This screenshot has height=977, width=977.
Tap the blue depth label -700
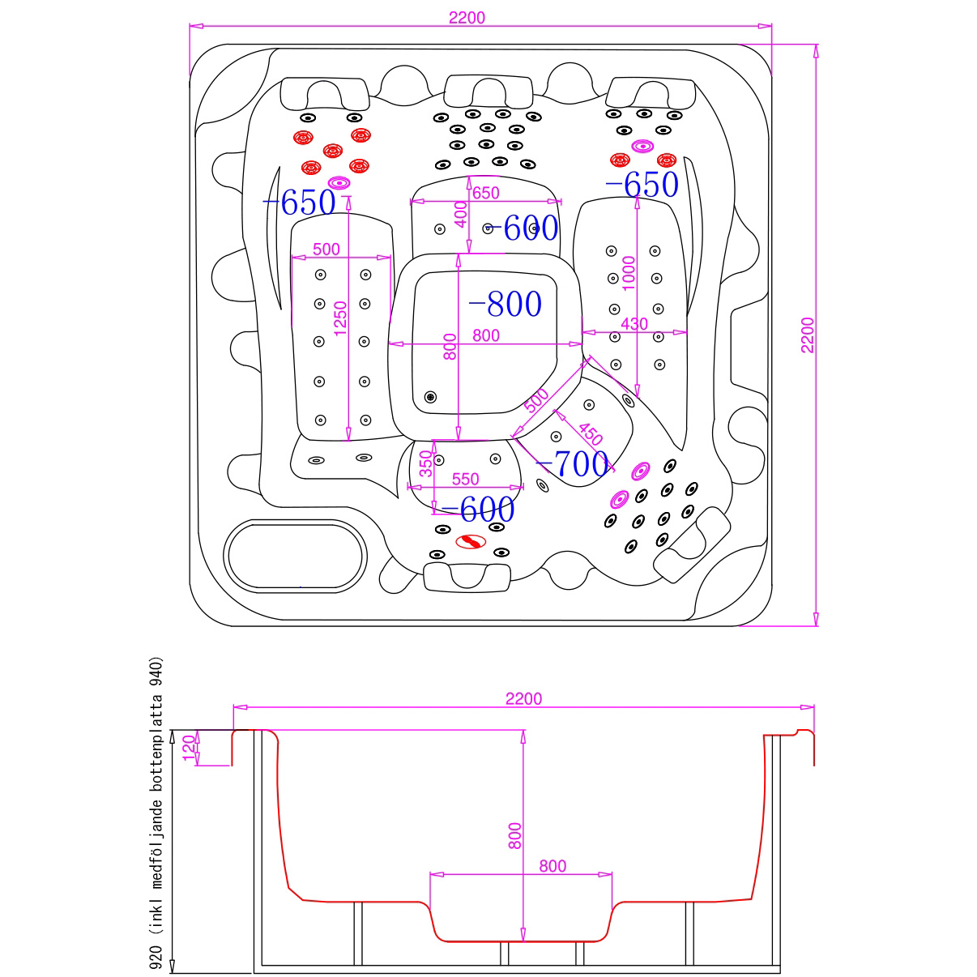tap(574, 464)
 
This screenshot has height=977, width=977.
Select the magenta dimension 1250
tap(340, 317)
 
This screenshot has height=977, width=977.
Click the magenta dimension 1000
tap(629, 273)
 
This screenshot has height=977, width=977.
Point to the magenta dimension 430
tap(634, 324)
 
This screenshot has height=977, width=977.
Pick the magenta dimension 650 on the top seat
tap(485, 193)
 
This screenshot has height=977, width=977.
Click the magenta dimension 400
tap(460, 215)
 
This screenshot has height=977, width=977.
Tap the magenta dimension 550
tap(465, 479)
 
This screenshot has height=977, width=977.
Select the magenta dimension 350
tap(426, 463)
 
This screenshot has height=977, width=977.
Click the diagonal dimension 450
tap(590, 434)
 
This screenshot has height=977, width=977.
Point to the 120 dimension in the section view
tap(189, 747)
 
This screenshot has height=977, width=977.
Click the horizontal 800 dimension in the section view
tap(552, 866)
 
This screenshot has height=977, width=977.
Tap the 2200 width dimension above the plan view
tap(467, 18)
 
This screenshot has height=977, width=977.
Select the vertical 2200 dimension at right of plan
tap(808, 335)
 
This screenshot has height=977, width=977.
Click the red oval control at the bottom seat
tap(470, 541)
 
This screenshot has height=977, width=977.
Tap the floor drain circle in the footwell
tap(430, 397)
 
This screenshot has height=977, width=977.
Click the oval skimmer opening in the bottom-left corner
tap(295, 555)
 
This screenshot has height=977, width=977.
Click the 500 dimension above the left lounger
tap(326, 250)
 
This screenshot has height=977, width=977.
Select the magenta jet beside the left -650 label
tap(339, 182)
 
